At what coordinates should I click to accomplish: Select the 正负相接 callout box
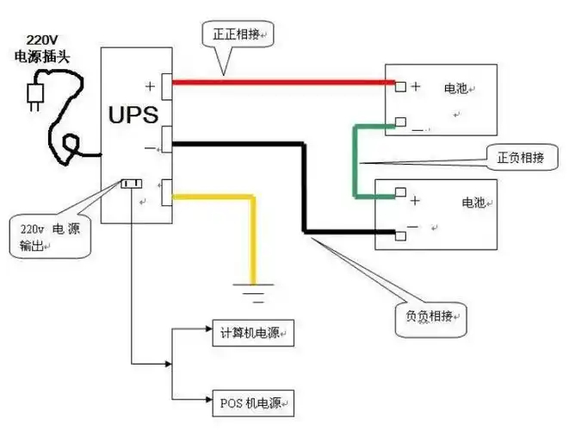519,158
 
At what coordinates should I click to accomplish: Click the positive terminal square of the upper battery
399,85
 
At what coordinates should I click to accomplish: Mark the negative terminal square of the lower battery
399,234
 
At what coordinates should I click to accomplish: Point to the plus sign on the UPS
151,84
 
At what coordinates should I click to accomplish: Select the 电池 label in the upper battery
456,88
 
